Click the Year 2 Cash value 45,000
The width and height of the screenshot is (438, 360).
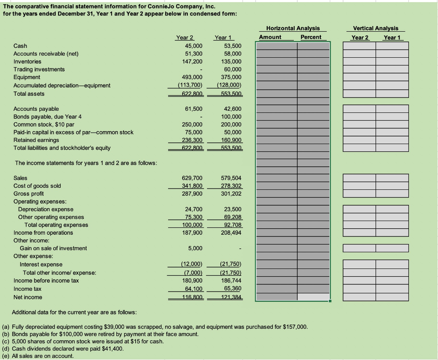(x=194, y=46)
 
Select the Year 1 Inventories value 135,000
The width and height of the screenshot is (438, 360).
(x=233, y=62)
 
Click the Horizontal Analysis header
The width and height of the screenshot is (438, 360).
(x=293, y=28)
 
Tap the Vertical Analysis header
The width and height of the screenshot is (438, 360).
(x=375, y=28)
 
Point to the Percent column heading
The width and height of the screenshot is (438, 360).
(x=311, y=37)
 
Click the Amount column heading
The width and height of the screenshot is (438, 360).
(x=270, y=37)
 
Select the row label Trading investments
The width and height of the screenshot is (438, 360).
(x=39, y=69)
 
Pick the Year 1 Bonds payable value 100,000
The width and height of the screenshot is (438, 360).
(x=233, y=117)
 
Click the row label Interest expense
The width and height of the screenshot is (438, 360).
(x=41, y=265)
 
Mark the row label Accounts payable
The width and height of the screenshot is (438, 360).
(x=36, y=109)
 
